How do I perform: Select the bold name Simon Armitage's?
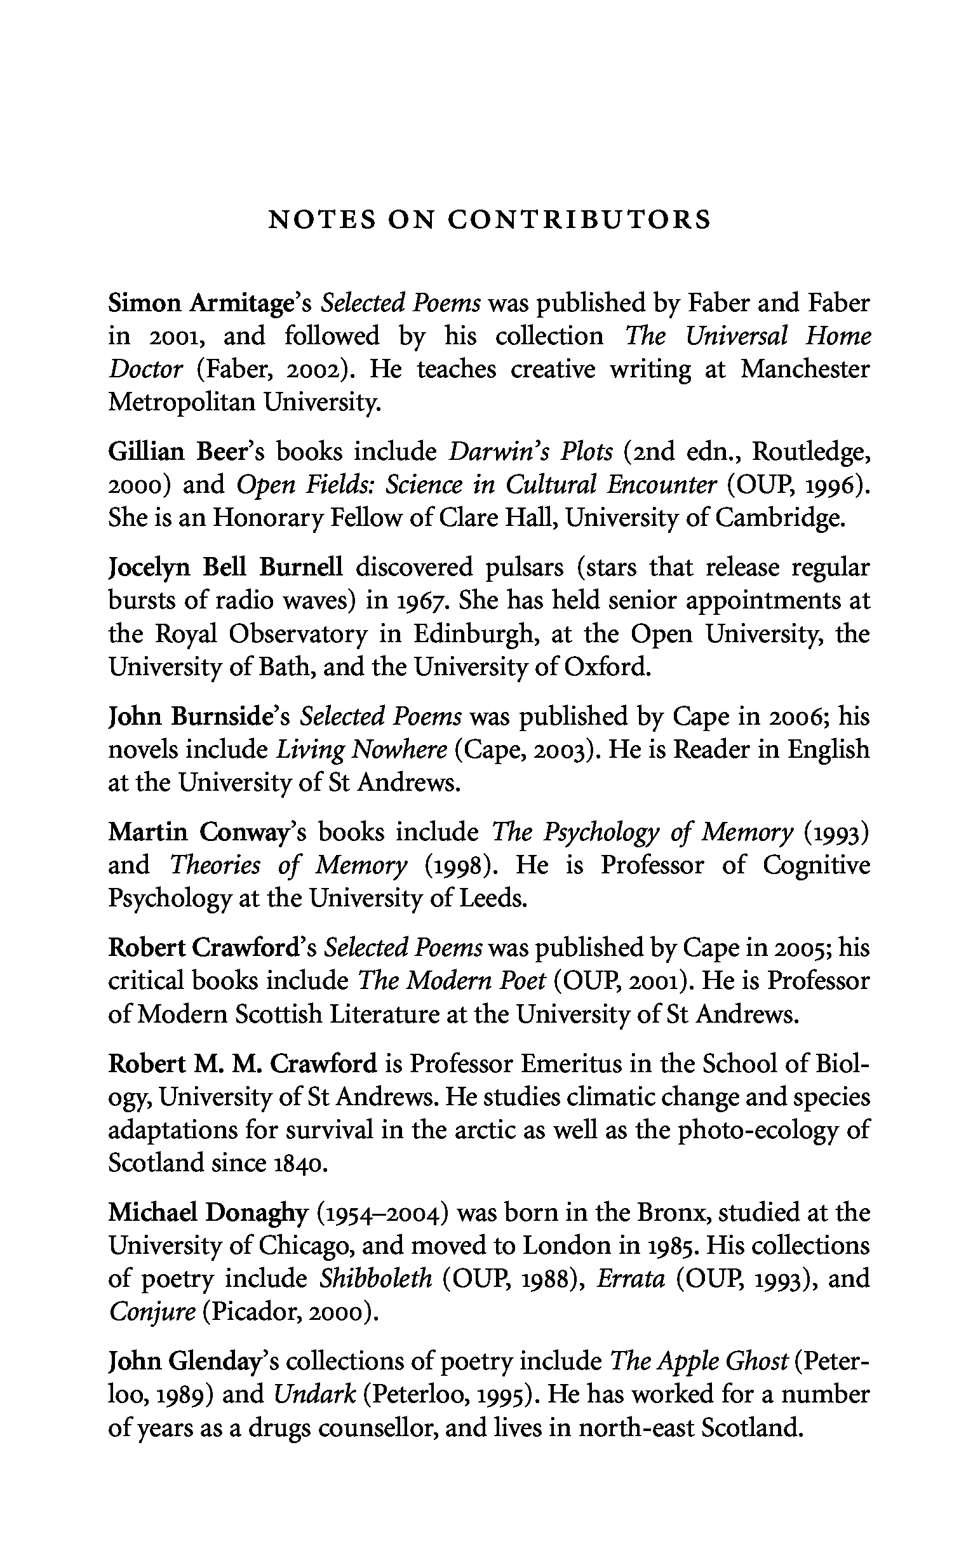(210, 303)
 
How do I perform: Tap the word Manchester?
(805, 370)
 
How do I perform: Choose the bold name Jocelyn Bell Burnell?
(225, 568)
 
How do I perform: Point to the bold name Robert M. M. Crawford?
(242, 1063)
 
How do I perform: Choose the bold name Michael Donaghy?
(209, 1213)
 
